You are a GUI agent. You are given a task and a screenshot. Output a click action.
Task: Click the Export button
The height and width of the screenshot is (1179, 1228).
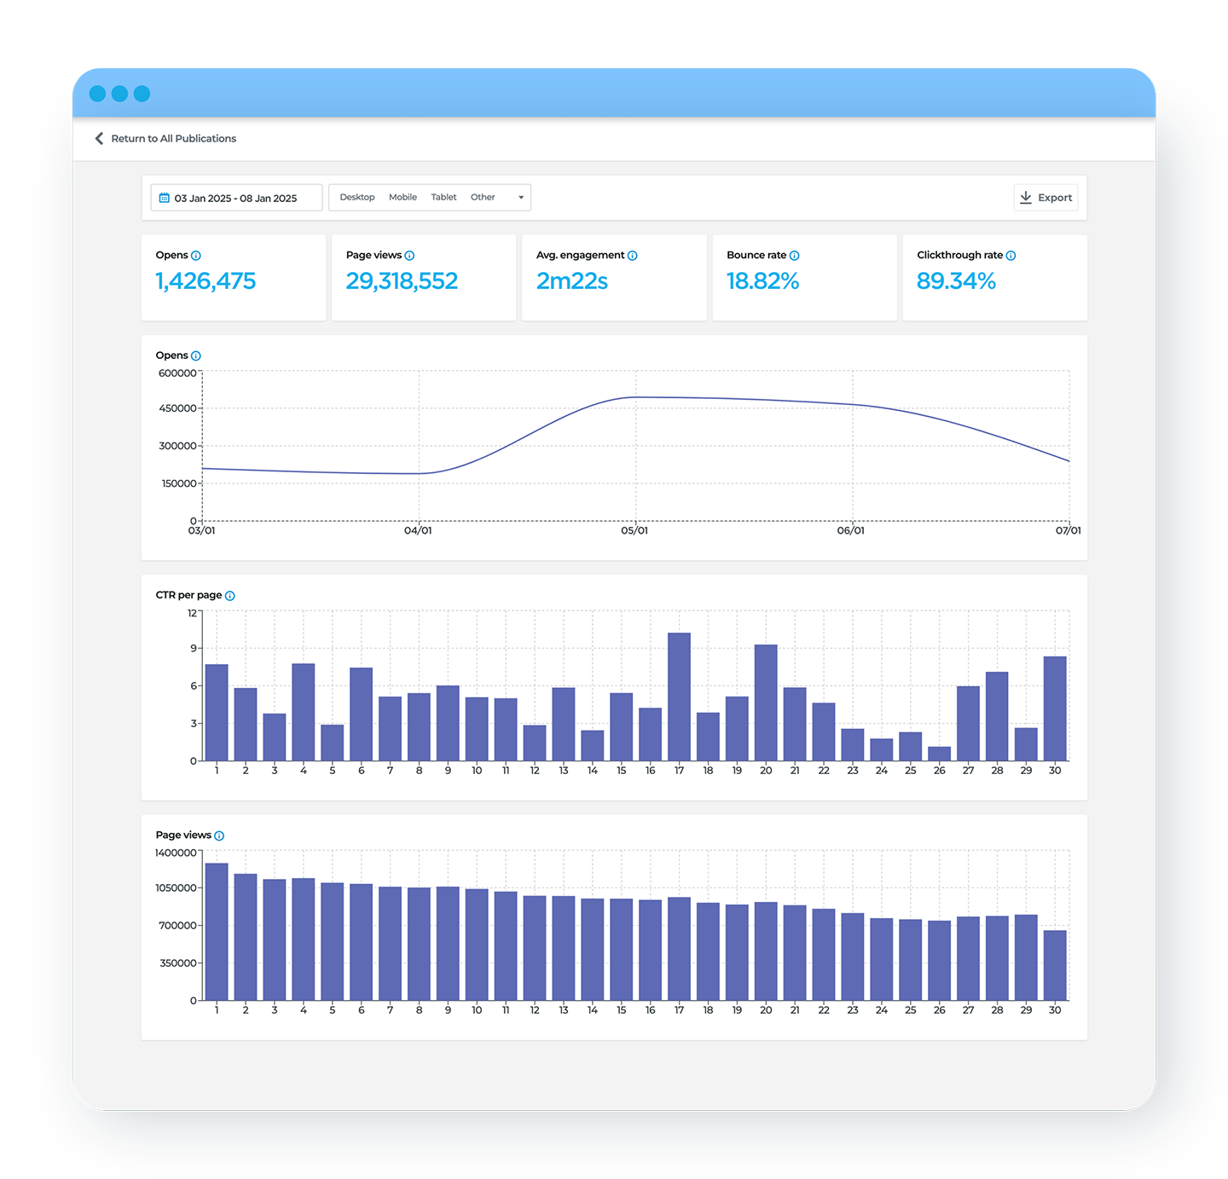(1046, 198)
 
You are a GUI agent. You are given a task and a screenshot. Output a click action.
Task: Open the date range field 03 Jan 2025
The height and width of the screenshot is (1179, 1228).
(236, 198)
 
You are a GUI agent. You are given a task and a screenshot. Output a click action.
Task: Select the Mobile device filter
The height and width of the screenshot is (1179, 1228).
(403, 197)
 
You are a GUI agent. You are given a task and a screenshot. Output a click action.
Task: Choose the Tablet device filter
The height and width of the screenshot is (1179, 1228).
(443, 197)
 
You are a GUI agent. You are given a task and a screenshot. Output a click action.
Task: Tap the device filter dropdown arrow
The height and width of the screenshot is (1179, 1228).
(521, 198)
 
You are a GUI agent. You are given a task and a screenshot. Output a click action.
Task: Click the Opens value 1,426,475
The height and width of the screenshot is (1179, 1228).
(206, 281)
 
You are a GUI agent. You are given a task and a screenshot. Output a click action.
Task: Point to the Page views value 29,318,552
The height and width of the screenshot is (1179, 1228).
(402, 281)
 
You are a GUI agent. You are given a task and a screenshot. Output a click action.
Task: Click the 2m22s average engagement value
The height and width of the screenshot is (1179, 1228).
(571, 281)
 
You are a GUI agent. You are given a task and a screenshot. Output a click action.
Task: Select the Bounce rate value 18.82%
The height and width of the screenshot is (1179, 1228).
(762, 281)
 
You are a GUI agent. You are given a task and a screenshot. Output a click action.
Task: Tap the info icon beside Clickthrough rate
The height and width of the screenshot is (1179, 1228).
(1011, 256)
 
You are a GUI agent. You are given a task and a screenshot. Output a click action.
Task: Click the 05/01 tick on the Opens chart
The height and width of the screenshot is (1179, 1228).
(634, 530)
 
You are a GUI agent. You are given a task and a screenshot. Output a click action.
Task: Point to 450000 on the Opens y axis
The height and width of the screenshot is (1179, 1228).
(177, 408)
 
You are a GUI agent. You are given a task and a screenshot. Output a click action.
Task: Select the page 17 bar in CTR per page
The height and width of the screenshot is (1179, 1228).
(679, 696)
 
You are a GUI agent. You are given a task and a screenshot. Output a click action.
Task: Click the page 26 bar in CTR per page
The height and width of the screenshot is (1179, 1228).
(939, 754)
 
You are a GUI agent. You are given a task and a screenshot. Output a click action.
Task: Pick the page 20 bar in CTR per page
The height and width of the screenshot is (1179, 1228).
(766, 702)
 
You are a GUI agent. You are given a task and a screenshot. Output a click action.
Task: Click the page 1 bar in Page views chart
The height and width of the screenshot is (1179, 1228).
(217, 932)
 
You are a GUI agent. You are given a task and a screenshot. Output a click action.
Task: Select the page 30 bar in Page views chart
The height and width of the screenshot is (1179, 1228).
(1055, 965)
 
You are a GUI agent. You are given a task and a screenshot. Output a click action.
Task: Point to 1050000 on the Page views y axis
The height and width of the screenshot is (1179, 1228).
(176, 888)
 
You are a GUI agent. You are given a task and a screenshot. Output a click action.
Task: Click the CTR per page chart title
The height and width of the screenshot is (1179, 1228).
(188, 595)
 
